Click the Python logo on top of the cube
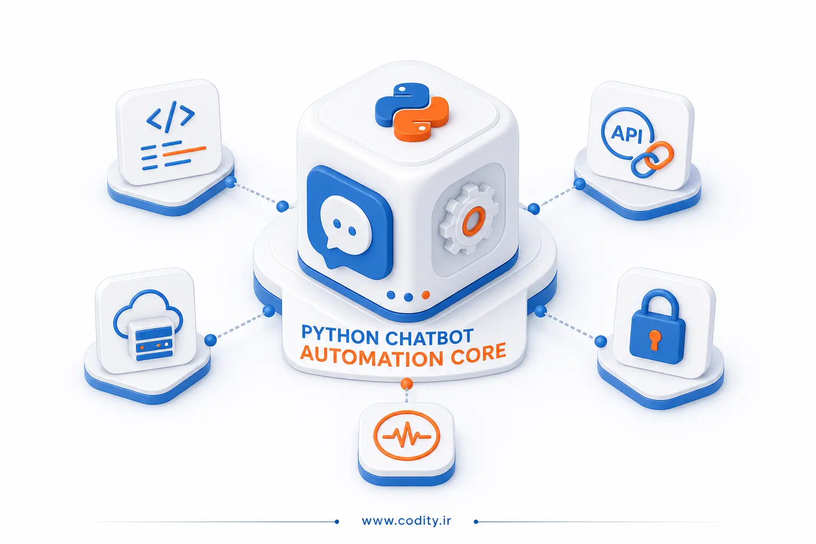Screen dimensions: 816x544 [x=412, y=112]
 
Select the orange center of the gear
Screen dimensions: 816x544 [x=473, y=221]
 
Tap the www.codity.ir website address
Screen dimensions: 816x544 [x=406, y=521]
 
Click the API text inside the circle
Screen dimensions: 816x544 [x=626, y=134]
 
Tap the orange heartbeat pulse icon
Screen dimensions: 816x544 [x=407, y=435]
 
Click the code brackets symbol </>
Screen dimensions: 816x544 [x=171, y=116]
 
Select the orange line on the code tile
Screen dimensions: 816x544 [x=184, y=151]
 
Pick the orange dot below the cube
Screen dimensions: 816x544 [x=426, y=295]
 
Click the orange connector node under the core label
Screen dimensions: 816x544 [x=406, y=384]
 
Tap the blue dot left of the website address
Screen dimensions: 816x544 [x=337, y=522]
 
